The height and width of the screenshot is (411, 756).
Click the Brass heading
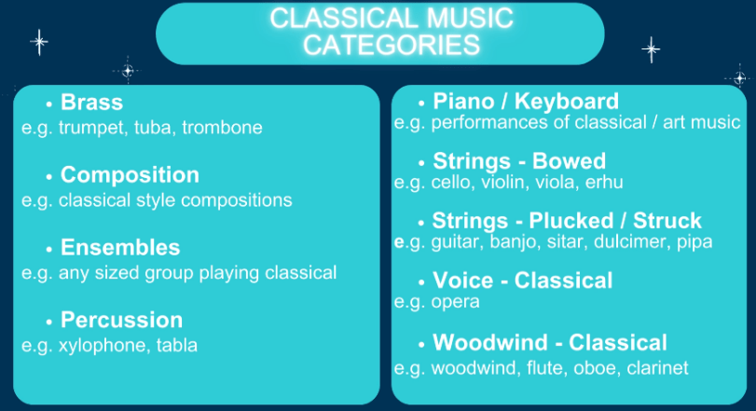(91, 102)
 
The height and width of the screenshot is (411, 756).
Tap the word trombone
(223, 128)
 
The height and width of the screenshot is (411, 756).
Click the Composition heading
(130, 175)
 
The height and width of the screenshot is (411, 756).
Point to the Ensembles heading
(120, 248)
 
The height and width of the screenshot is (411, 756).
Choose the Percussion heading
(121, 321)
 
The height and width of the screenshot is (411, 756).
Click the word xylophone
(99, 346)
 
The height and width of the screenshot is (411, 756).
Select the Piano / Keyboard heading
(526, 102)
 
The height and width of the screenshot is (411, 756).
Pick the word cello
(454, 183)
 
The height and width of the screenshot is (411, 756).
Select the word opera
(455, 302)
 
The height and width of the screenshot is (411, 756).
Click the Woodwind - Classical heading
(550, 342)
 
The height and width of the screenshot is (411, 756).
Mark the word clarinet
(656, 368)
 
